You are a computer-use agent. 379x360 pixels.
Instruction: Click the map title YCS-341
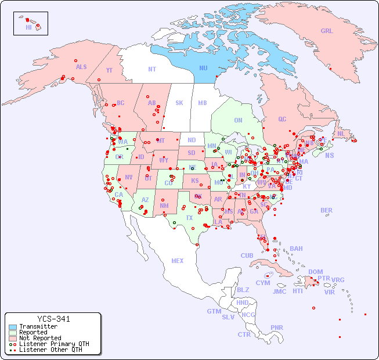click(53, 319)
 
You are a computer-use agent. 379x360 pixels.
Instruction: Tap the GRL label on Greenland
click(327, 31)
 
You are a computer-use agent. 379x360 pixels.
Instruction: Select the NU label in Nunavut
click(203, 68)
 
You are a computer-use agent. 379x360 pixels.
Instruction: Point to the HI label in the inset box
click(28, 27)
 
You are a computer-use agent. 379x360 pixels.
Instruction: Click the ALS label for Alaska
click(81, 67)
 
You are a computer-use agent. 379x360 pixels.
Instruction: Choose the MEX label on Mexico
click(177, 261)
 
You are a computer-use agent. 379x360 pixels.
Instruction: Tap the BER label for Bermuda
click(326, 210)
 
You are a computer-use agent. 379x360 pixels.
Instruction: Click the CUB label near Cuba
click(247, 255)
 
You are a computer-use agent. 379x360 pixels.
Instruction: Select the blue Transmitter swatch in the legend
click(13, 327)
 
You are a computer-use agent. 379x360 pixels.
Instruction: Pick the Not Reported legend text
click(39, 338)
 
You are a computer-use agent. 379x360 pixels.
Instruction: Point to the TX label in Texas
click(189, 218)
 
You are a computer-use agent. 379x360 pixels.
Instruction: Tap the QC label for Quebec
click(282, 119)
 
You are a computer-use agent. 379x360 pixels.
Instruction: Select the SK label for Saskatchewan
click(179, 103)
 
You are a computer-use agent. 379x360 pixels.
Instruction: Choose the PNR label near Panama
click(277, 327)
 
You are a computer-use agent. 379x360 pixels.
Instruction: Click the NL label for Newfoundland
click(341, 134)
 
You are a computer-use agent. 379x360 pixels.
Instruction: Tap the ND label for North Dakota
click(192, 140)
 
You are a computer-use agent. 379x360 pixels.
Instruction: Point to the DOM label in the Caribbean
click(315, 272)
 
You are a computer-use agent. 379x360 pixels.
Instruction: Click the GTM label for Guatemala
click(214, 311)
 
